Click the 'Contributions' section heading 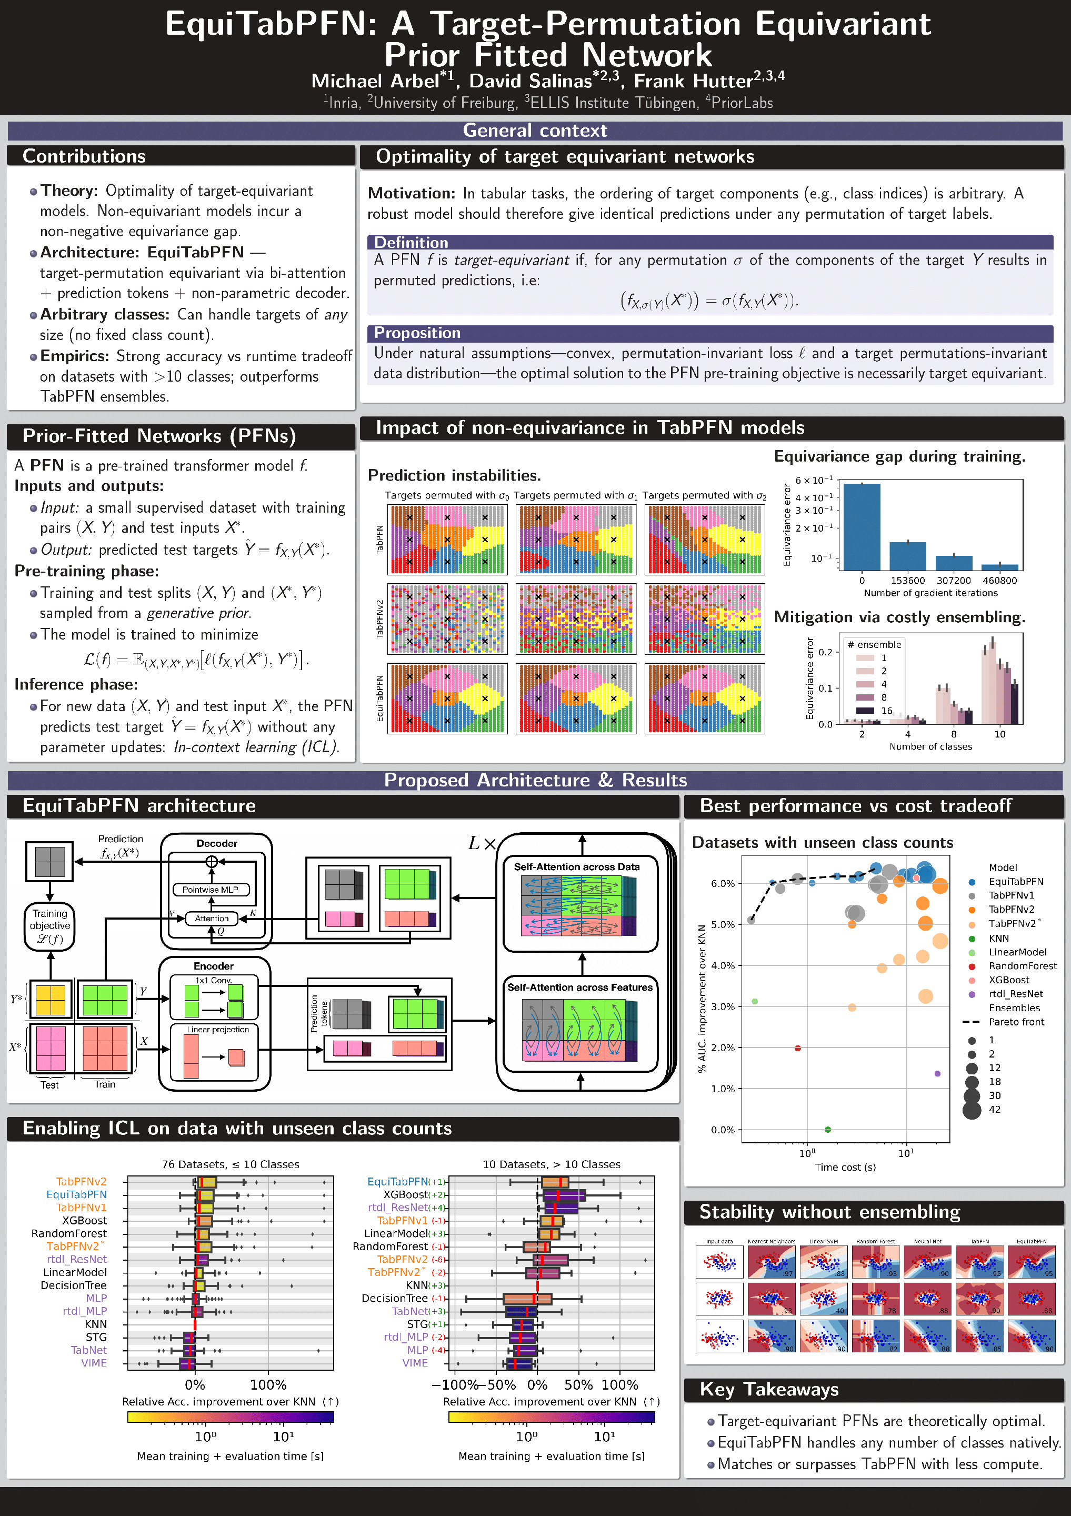(x=84, y=156)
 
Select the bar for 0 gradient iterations (x=862, y=526)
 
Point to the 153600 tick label (x=908, y=581)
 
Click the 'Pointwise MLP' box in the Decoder (x=211, y=890)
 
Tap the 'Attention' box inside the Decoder (x=211, y=919)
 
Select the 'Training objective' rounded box (x=49, y=926)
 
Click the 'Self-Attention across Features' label (x=580, y=987)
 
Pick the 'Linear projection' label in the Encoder (x=218, y=1030)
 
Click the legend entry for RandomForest (x=1022, y=966)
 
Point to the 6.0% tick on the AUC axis (x=723, y=883)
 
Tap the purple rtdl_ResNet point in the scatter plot (x=938, y=1074)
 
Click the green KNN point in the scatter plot (x=828, y=1130)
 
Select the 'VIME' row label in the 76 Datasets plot (x=94, y=1363)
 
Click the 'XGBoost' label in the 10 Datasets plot (x=405, y=1194)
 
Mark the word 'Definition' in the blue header (x=411, y=242)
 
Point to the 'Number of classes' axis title (x=930, y=747)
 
